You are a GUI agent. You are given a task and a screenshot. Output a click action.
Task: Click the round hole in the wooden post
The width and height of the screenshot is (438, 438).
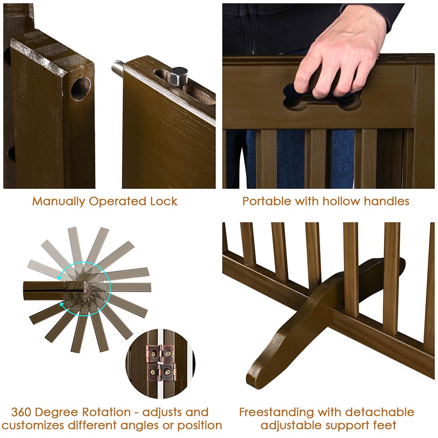tap(81, 88)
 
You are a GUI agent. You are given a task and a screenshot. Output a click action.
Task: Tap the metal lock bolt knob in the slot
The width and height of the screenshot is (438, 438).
tap(178, 76)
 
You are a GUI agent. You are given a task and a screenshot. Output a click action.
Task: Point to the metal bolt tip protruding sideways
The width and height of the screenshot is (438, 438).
tap(117, 68)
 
